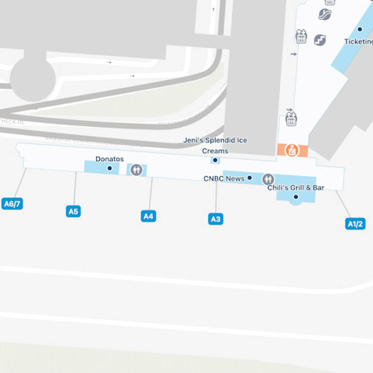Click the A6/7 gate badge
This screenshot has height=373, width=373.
[x=12, y=204]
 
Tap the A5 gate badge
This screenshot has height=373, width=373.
[x=73, y=211]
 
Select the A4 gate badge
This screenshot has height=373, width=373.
[x=148, y=216]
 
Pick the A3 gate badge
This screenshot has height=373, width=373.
[x=216, y=219]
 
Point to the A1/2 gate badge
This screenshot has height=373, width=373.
[x=355, y=223]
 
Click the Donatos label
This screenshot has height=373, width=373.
[x=109, y=159]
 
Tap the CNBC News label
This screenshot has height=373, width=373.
[x=224, y=178]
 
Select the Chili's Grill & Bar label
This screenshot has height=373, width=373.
[x=296, y=187]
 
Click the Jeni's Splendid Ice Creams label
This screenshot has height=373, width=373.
[x=215, y=146]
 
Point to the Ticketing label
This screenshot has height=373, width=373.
[x=359, y=41]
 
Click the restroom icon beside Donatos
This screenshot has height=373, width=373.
[x=136, y=170]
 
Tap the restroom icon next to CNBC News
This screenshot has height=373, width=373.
[x=268, y=179]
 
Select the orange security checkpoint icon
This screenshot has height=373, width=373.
[x=292, y=150]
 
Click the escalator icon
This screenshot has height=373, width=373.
[x=324, y=14]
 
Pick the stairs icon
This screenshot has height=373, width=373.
[x=319, y=40]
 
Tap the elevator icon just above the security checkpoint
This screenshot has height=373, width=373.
[x=291, y=118]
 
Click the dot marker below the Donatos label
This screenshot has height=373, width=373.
[x=109, y=168]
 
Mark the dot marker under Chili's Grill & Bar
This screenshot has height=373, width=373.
[x=296, y=197]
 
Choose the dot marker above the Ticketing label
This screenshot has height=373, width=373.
[x=359, y=29]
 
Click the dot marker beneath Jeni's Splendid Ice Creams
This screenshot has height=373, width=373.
[x=215, y=160]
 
